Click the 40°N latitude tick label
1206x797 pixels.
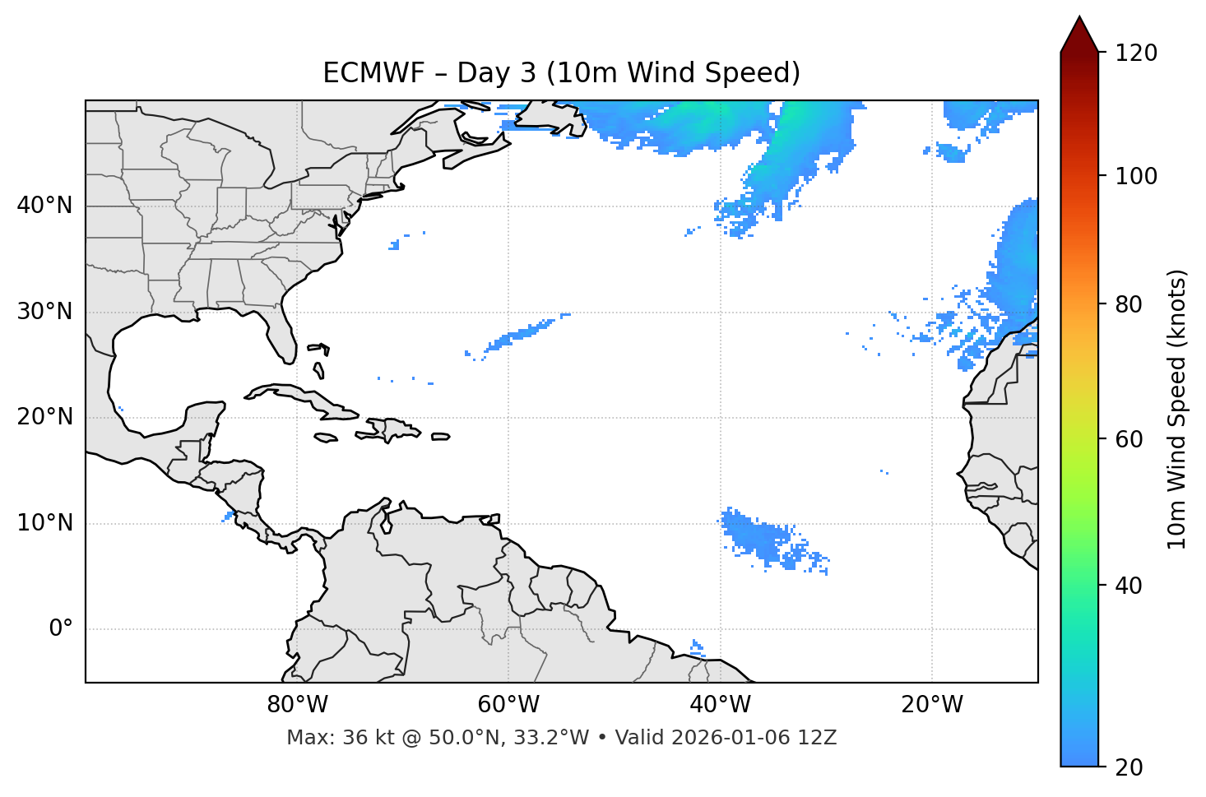[x=44, y=206]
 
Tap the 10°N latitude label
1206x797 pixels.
[x=44, y=523]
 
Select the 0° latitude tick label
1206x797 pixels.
[x=61, y=629]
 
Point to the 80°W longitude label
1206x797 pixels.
[x=297, y=705]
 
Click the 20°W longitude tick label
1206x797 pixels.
[x=932, y=705]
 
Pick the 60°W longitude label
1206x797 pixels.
[x=508, y=705]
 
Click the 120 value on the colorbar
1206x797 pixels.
[x=1136, y=53]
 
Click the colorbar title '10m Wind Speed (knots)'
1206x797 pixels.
[x=1177, y=409]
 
